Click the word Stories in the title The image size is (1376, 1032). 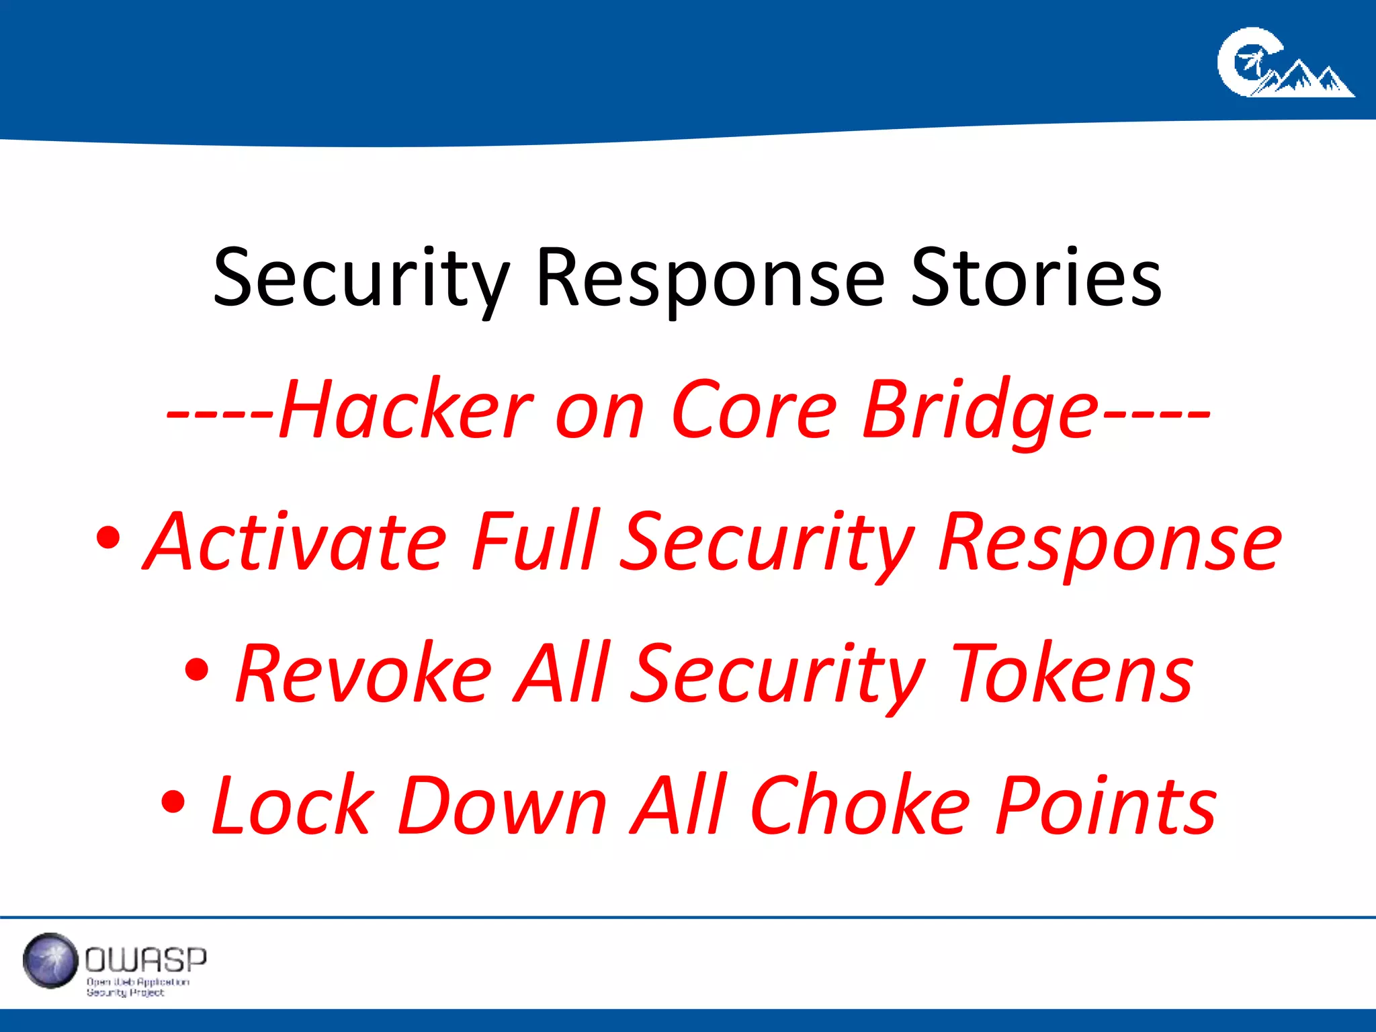[1036, 278]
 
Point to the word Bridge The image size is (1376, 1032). [981, 410]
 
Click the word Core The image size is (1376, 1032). [754, 410]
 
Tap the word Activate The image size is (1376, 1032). [296, 542]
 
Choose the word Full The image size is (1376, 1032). [535, 542]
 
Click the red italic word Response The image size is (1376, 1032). [1110, 542]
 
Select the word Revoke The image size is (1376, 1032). [363, 674]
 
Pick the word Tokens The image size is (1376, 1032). [1073, 674]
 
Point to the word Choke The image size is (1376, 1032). [860, 806]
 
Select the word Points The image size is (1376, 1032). [1106, 806]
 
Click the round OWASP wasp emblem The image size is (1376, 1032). [50, 961]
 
